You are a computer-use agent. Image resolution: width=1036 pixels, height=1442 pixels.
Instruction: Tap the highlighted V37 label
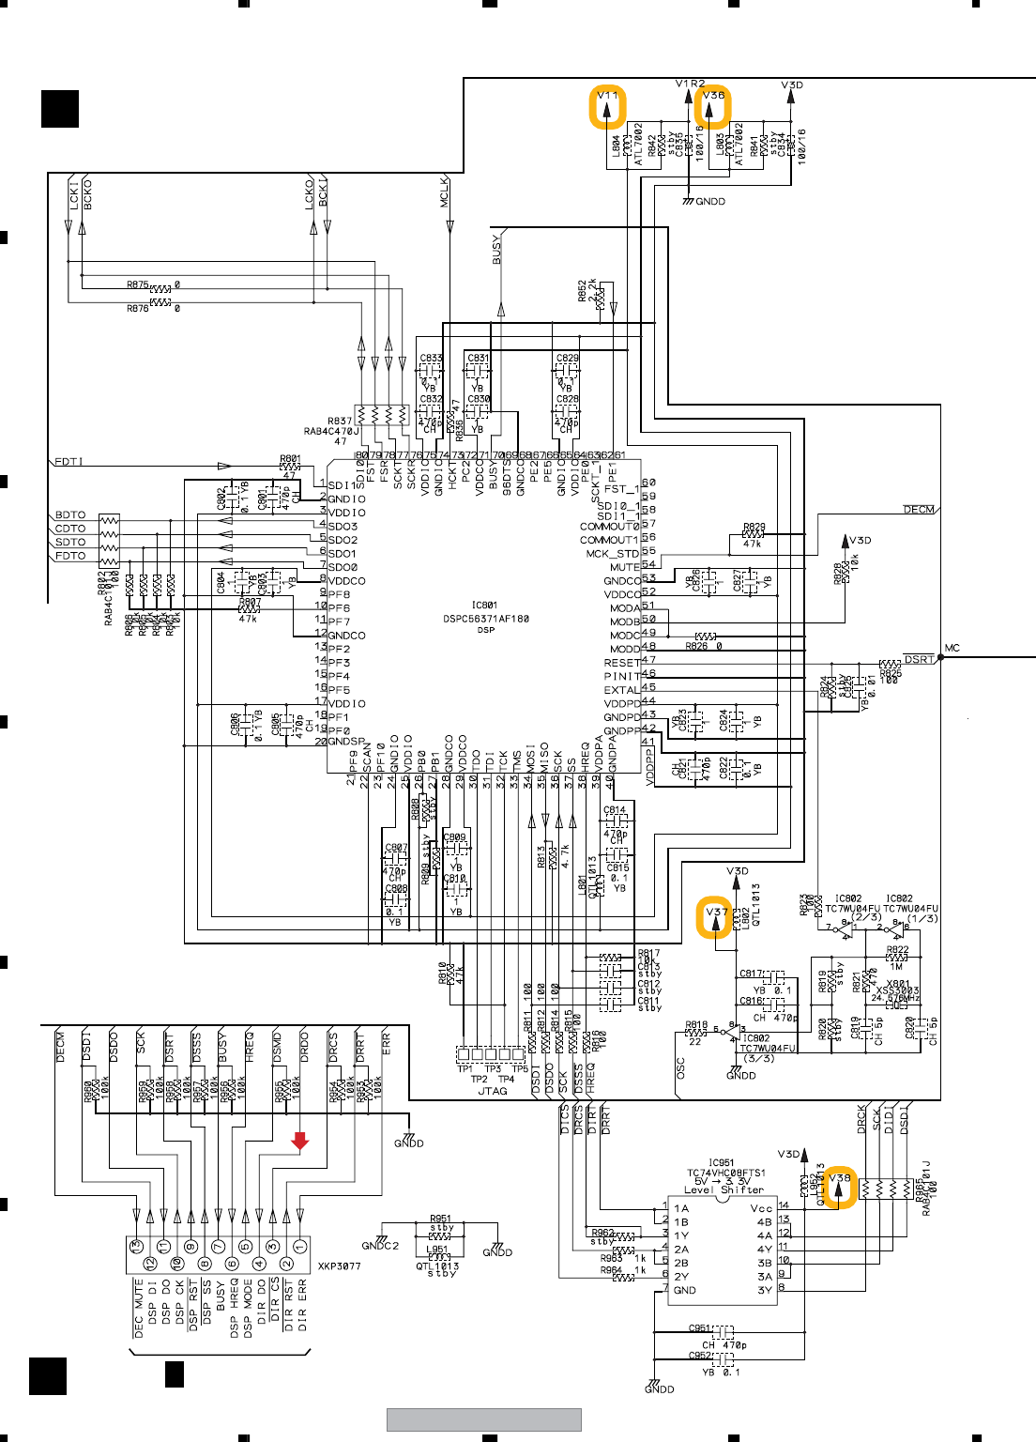(715, 917)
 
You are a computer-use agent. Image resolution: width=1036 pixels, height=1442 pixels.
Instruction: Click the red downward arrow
(299, 1140)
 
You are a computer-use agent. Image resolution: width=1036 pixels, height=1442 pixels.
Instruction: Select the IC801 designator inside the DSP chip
(484, 606)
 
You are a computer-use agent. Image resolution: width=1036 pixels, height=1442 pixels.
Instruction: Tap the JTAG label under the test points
(493, 1091)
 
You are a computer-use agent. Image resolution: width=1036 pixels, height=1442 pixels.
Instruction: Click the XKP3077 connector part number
(339, 1266)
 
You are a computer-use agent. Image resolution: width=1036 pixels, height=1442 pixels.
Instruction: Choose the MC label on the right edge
(952, 648)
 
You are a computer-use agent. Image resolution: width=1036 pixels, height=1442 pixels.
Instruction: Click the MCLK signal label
(445, 192)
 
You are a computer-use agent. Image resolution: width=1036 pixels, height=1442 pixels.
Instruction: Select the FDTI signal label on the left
(69, 461)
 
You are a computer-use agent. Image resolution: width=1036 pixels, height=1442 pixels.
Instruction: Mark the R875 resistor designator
(137, 284)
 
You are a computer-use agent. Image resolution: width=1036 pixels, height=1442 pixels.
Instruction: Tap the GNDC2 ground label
(380, 1246)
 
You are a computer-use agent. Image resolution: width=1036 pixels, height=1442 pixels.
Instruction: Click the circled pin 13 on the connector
(136, 1248)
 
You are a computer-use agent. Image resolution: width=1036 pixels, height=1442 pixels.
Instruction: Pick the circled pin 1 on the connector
(300, 1248)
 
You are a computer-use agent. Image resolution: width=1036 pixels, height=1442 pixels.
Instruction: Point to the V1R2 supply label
(690, 84)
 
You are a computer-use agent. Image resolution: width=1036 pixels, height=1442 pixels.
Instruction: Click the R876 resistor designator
(137, 308)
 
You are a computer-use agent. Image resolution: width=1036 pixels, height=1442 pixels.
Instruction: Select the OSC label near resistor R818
(681, 1066)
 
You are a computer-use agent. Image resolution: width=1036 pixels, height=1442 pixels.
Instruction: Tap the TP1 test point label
(465, 1068)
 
